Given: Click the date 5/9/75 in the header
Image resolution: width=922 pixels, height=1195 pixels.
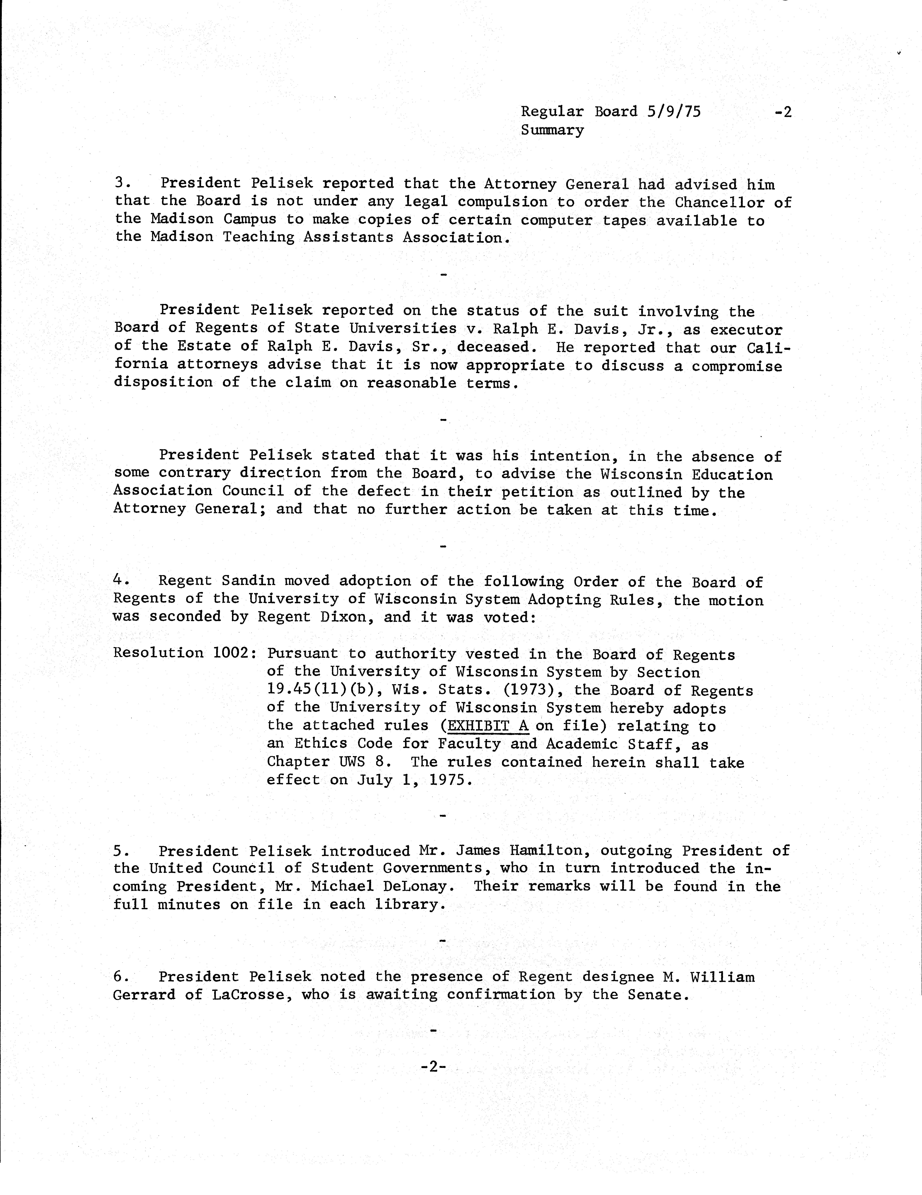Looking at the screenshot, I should pos(673,112).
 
